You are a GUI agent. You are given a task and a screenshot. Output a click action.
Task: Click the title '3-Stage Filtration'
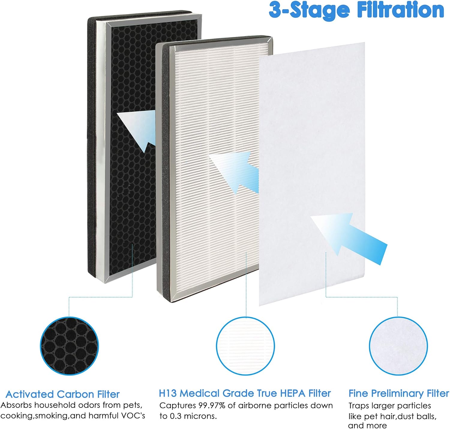356,11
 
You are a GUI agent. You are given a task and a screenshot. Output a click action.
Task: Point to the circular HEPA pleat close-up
245,346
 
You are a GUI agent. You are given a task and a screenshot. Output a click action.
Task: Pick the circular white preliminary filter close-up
398,346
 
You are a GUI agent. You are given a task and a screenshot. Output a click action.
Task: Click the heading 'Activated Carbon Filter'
62,394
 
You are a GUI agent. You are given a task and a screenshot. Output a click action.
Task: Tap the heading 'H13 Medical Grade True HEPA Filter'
244,393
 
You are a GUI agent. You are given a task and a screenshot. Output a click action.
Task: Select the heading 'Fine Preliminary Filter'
399,393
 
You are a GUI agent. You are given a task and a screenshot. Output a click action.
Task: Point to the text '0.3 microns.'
192,416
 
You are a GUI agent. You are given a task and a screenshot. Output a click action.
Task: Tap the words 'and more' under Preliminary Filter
367,426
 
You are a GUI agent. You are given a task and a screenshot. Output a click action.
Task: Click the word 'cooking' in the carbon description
17,416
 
